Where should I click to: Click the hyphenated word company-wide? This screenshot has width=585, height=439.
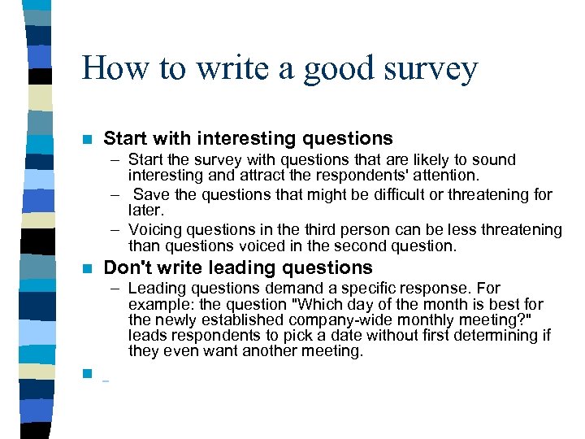coord(321,319)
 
